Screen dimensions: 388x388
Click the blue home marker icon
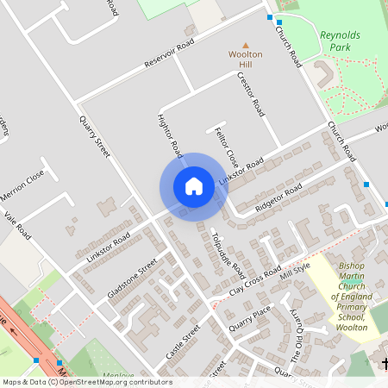[194, 186]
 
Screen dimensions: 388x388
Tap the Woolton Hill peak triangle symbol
[245, 45]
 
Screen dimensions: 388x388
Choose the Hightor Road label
[170, 135]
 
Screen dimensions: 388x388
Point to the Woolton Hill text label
[245, 59]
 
